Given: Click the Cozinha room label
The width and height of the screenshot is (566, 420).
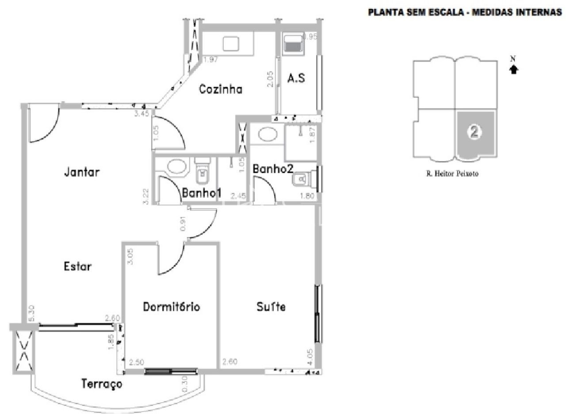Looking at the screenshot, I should tap(221, 89).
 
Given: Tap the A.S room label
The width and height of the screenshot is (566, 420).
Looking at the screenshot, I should tap(296, 79).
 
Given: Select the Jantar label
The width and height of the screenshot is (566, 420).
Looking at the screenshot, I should tap(82, 172).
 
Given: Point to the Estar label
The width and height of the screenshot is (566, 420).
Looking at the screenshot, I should tap(78, 267).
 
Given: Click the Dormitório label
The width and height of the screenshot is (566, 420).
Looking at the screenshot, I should tap(171, 307).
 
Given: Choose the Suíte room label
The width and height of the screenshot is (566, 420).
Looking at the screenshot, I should tap(271, 306).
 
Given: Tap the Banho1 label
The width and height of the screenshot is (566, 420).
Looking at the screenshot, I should tap(202, 193).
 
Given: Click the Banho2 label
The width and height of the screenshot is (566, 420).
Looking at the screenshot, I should tap(272, 169).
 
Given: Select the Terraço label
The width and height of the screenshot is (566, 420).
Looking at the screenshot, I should tap(102, 384).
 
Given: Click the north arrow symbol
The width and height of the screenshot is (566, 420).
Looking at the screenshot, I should tap(513, 69).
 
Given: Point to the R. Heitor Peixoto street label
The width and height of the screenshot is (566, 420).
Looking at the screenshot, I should tap(452, 174).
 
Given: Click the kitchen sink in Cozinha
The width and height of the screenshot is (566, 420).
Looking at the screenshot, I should tap(230, 44).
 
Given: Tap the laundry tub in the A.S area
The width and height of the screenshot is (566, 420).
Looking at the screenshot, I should tap(292, 44).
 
